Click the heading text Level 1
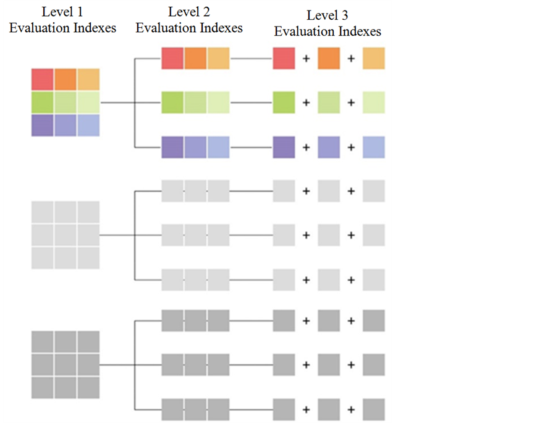click(62, 12)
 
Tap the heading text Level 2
click(189, 12)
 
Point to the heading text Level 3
click(328, 15)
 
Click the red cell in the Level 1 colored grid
click(43, 80)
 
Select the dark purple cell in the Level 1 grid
click(43, 125)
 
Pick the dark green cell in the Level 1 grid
click(43, 103)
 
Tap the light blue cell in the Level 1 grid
click(88, 125)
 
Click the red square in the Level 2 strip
click(172, 58)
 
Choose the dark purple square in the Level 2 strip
click(172, 147)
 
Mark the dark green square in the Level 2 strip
click(172, 103)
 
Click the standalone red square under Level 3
click(284, 58)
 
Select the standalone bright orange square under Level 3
click(329, 58)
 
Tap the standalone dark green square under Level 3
click(284, 103)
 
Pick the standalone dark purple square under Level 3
click(284, 147)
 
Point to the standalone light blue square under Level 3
click(374, 147)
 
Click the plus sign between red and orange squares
click(306, 58)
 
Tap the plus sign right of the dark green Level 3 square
click(306, 103)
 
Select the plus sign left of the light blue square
click(351, 147)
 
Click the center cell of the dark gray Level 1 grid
click(66, 365)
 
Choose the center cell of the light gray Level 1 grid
click(66, 235)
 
